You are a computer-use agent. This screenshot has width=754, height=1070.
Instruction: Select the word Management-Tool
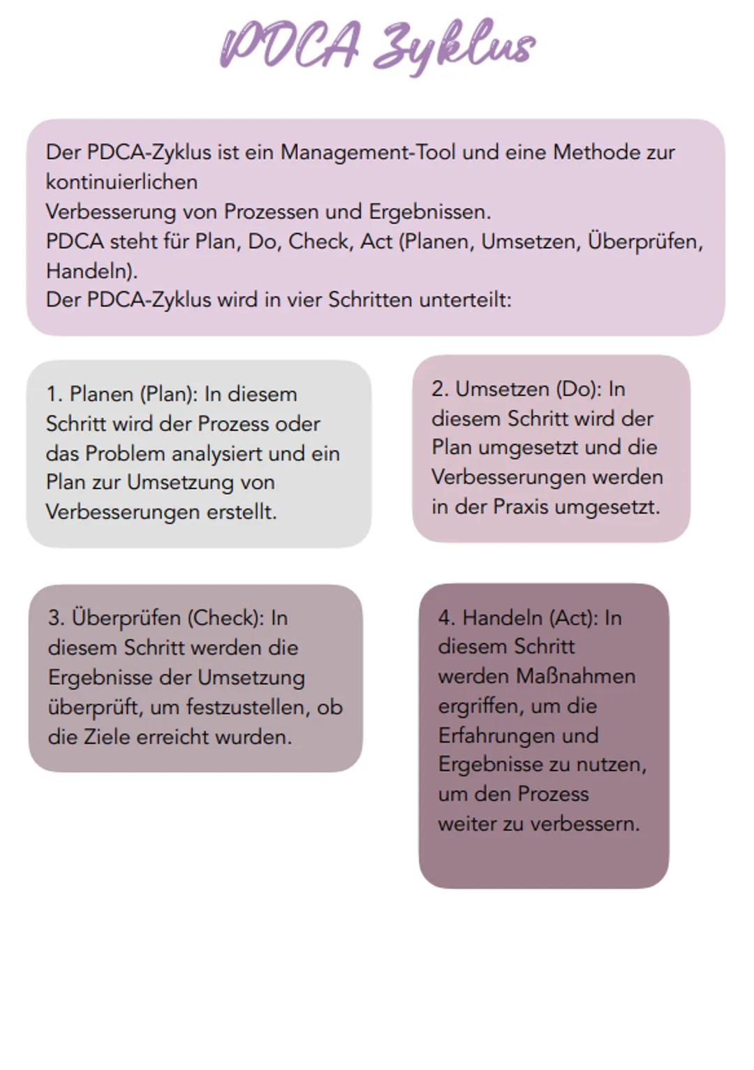pyautogui.click(x=369, y=152)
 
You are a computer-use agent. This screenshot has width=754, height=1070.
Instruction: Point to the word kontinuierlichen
pyautogui.click(x=121, y=182)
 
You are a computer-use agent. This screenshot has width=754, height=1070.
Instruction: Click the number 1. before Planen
pyautogui.click(x=54, y=394)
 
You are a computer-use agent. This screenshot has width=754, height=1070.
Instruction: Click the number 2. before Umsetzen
pyautogui.click(x=440, y=389)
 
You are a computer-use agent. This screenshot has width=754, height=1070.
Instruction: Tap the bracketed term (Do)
pyautogui.click(x=578, y=389)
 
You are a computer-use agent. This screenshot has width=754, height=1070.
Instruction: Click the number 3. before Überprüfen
pyautogui.click(x=57, y=618)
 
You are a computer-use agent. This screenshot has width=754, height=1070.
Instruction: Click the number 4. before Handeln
pyautogui.click(x=447, y=618)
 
